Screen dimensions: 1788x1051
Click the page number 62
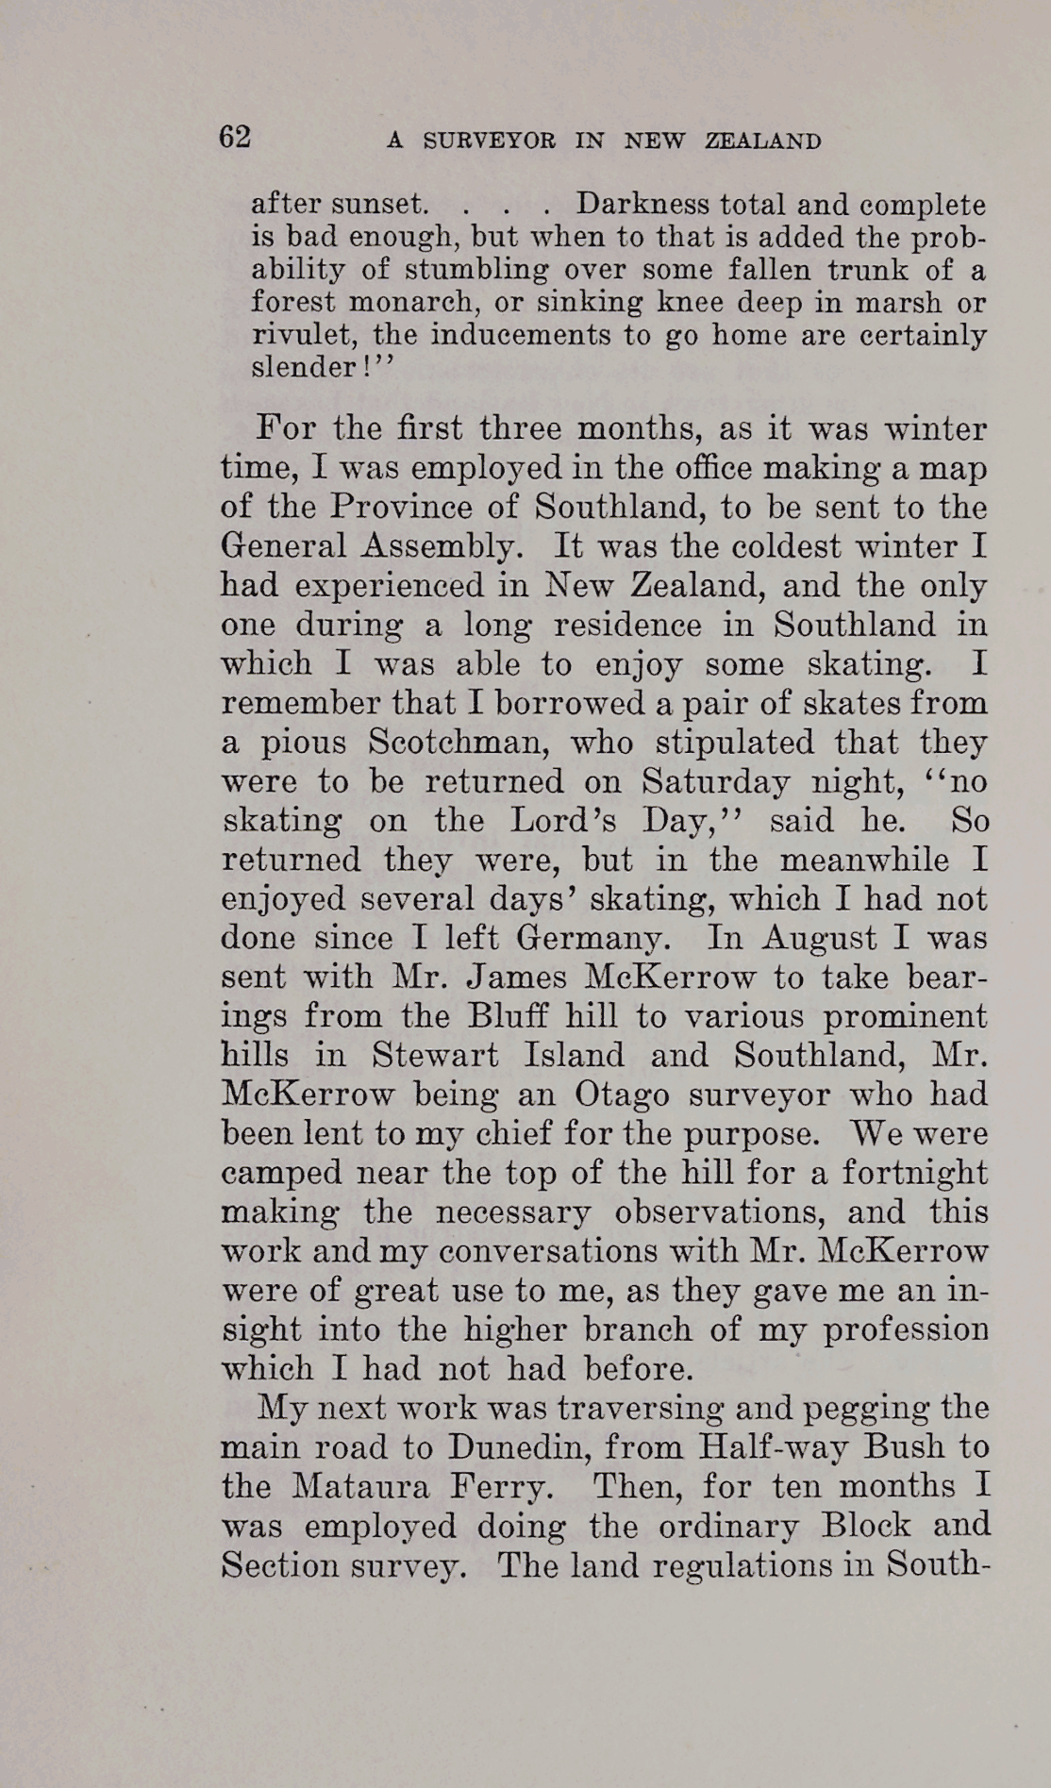(x=235, y=138)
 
